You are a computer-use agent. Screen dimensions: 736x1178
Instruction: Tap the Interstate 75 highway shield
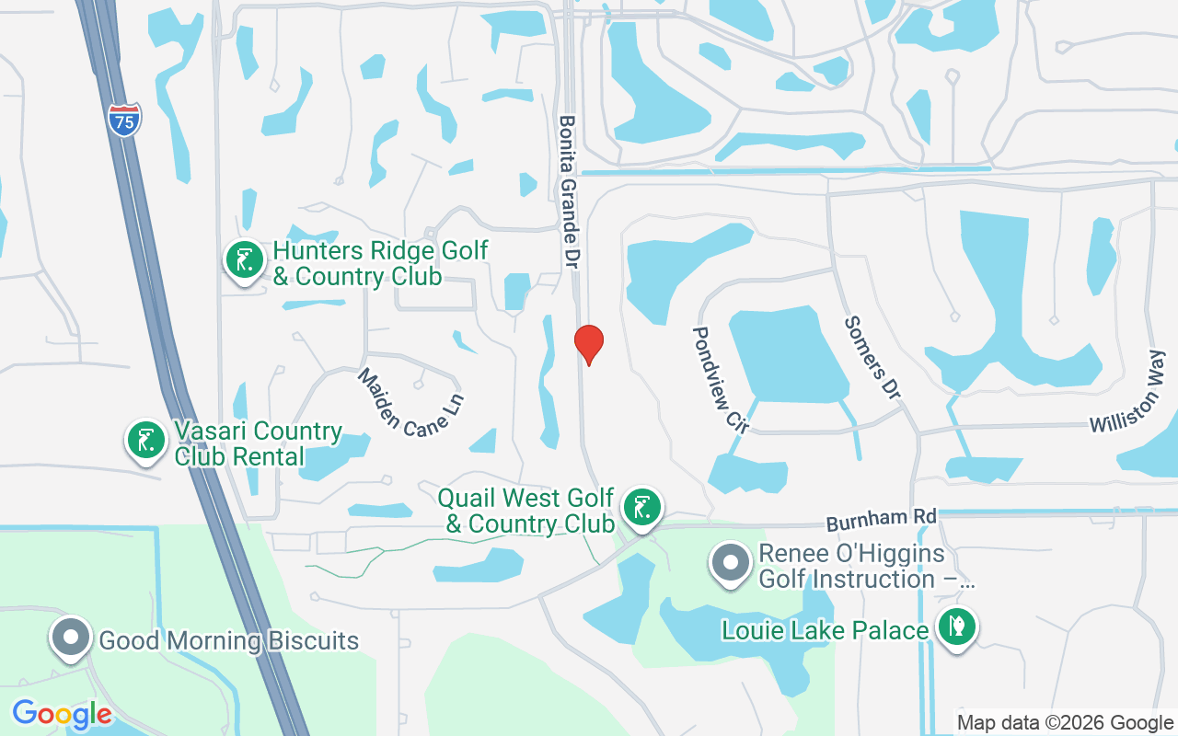pos(124,120)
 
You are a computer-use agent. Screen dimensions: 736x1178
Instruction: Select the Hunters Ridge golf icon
pos(245,260)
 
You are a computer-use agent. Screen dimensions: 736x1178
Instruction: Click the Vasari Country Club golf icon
pos(145,439)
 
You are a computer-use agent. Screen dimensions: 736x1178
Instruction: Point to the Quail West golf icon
pos(642,507)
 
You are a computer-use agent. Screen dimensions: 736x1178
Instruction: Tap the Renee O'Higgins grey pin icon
pos(732,561)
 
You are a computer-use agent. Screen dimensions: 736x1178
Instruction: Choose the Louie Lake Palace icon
pos(957,627)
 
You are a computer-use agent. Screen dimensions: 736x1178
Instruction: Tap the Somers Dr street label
pos(870,358)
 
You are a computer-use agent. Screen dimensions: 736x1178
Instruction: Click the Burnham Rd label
pos(881,520)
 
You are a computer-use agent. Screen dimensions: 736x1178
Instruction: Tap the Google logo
pos(62,714)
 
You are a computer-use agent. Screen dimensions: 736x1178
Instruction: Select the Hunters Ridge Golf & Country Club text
pos(379,262)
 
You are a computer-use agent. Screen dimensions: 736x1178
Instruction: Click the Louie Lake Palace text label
pos(825,630)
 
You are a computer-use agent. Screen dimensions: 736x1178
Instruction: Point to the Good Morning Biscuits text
pos(228,640)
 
